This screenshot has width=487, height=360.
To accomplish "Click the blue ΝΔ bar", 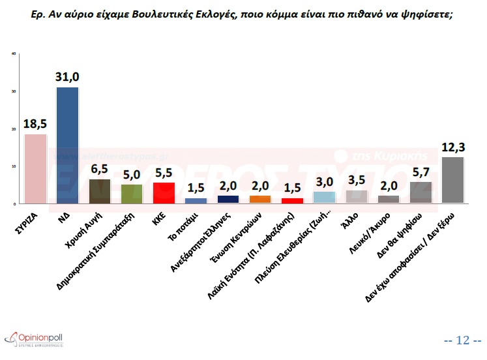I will pos(68,145).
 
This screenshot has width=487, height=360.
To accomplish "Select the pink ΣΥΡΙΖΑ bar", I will pos(35,168).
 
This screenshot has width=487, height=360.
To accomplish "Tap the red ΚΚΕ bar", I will pos(164,193).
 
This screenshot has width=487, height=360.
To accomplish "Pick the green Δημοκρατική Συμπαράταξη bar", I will pos(132,194).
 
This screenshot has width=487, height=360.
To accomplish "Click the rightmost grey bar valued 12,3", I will pos(452,180).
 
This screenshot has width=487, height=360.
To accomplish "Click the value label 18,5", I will pos(35,123).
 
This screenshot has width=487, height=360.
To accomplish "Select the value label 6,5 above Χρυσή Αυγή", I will pos(100,169).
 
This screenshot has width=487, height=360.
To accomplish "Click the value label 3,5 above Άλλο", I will pos(357,180).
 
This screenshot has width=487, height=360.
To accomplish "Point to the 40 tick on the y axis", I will pos(14,53).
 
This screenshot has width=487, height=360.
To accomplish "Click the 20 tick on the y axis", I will pos(14,129).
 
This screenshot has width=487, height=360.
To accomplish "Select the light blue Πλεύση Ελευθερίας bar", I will pos(324,198).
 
